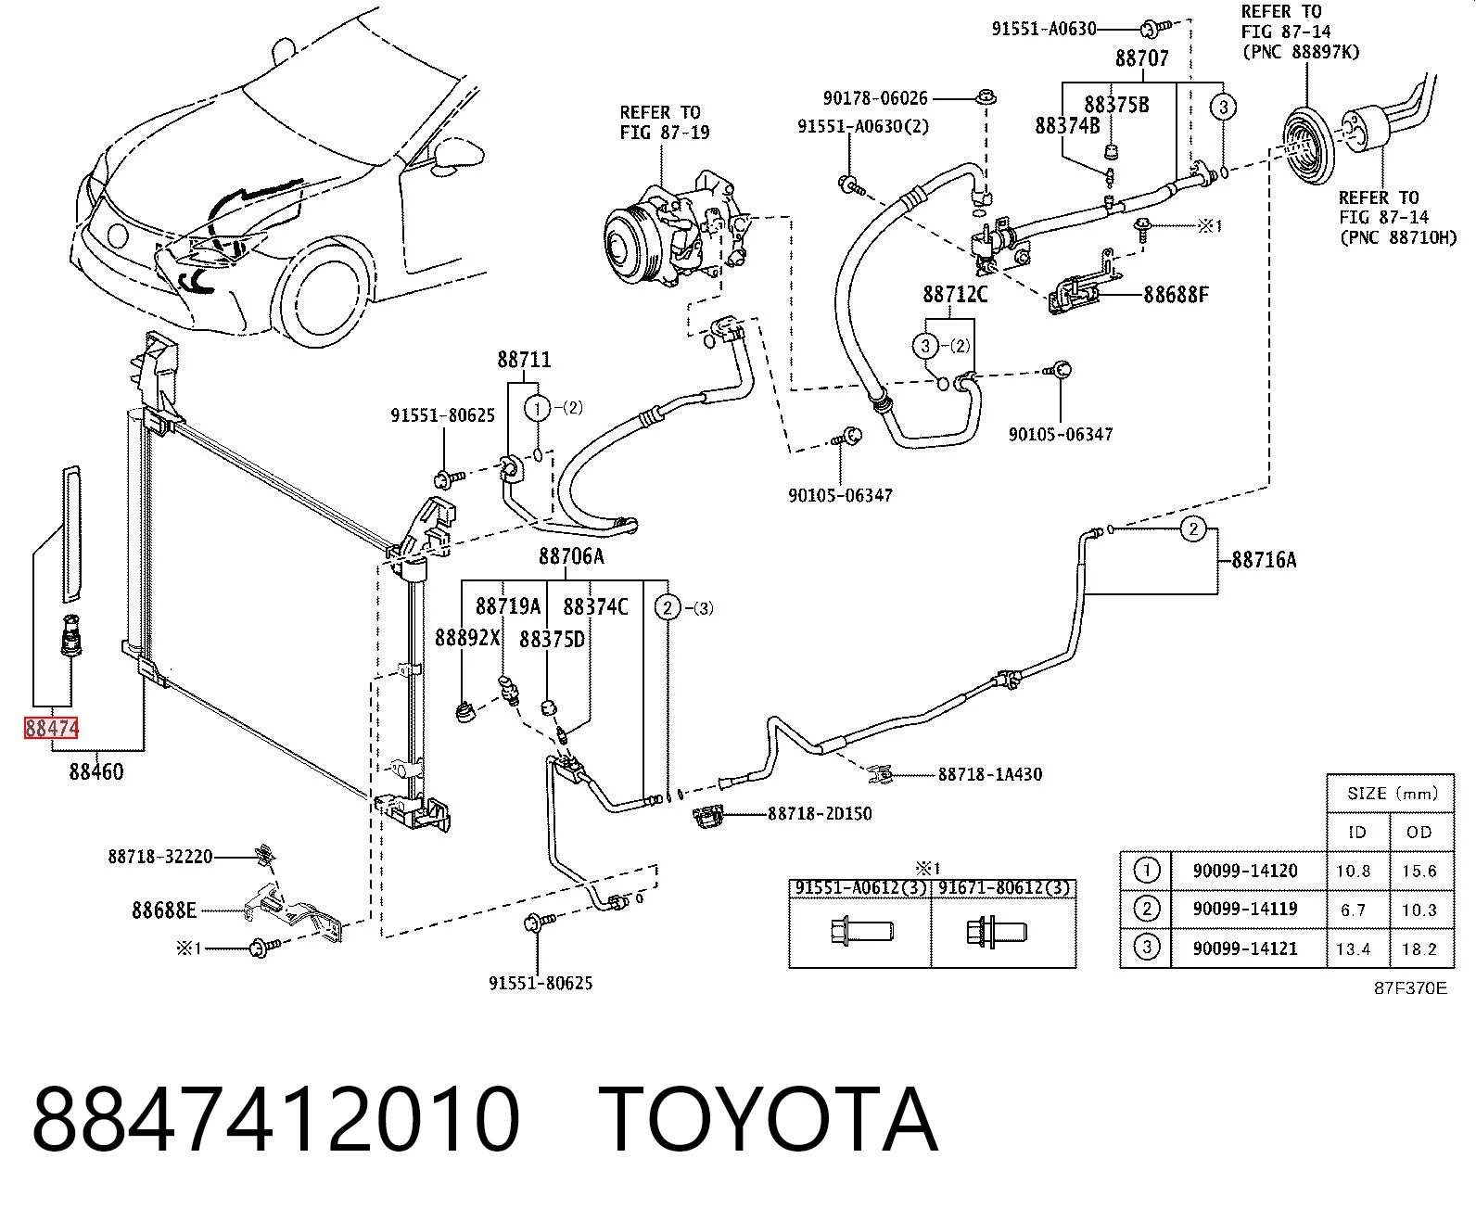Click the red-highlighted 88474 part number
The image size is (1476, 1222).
pos(51,728)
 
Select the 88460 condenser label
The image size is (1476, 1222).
pos(96,771)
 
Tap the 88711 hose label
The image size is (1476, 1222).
pos(524,359)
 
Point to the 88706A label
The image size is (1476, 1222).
pos(571,556)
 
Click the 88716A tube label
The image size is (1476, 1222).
pos(1264,560)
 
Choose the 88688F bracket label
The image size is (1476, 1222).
pos(1177,294)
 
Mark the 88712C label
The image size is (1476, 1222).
pos(955,294)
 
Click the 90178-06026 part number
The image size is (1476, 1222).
pos(875,97)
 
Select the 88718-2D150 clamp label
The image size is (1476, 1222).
pos(820,813)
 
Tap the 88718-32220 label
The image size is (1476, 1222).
pos(160,857)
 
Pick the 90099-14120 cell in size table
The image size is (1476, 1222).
pos(1245,871)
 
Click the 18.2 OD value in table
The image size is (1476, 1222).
pos(1419,949)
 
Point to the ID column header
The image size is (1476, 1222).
pos(1357,833)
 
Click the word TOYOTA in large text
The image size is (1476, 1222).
pos(769,1119)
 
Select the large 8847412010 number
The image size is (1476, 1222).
pos(275,1119)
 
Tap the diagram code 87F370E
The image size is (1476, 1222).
pos(1410,988)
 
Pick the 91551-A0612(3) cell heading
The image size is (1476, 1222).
pos(860,887)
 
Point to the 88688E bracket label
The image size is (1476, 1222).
pos(164,910)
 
